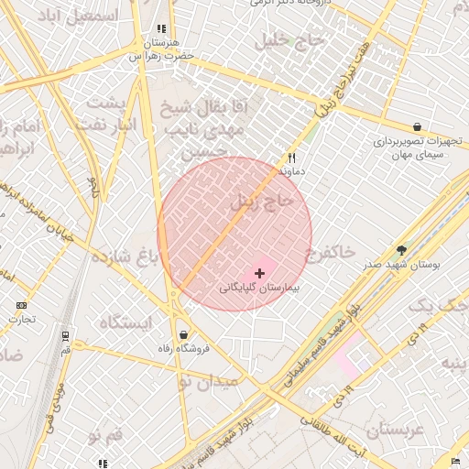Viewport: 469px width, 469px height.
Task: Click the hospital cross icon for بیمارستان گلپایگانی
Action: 260,272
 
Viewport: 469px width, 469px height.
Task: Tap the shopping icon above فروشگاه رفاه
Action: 185,335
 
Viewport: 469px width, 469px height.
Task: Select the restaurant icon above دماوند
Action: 292,158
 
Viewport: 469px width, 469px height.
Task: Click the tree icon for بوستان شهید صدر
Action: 401,249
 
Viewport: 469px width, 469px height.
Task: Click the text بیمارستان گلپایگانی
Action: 261,287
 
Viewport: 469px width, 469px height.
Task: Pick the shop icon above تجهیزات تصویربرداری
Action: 418,127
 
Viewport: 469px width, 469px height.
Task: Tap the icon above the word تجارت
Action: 21,305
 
